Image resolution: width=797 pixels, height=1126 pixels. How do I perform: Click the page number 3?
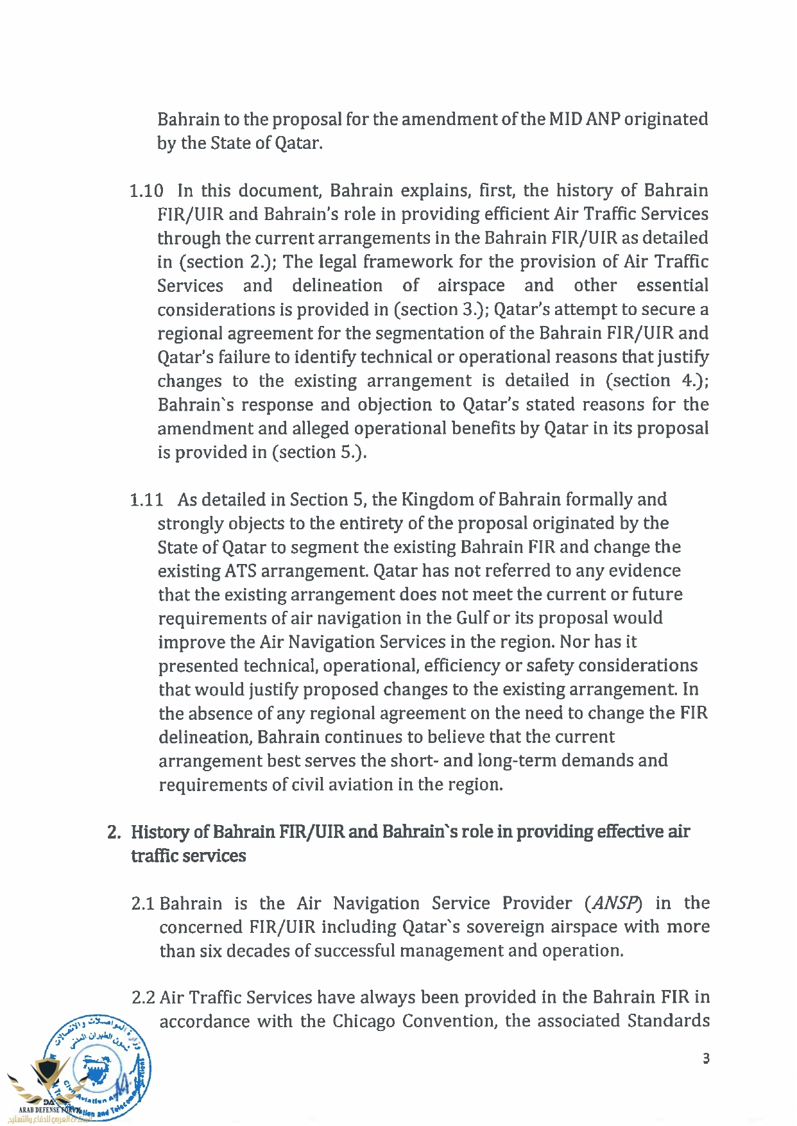706,1059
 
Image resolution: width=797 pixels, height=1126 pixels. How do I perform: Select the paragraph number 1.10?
146,191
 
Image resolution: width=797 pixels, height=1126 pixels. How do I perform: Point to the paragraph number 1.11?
146,500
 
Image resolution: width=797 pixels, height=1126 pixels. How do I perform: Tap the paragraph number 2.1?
142,904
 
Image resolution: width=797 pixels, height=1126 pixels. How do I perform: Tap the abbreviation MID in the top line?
565,119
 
